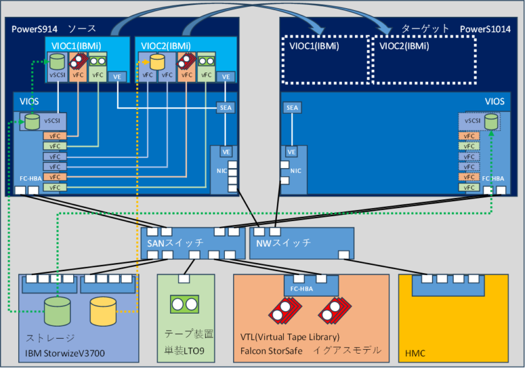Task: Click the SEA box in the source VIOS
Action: click(x=226, y=107)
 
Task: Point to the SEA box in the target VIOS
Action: click(x=292, y=107)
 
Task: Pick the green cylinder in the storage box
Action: click(x=57, y=311)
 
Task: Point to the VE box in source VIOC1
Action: click(x=117, y=76)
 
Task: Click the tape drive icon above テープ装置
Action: click(x=184, y=304)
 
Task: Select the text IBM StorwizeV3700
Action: click(x=65, y=354)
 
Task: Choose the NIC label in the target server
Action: click(x=296, y=170)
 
